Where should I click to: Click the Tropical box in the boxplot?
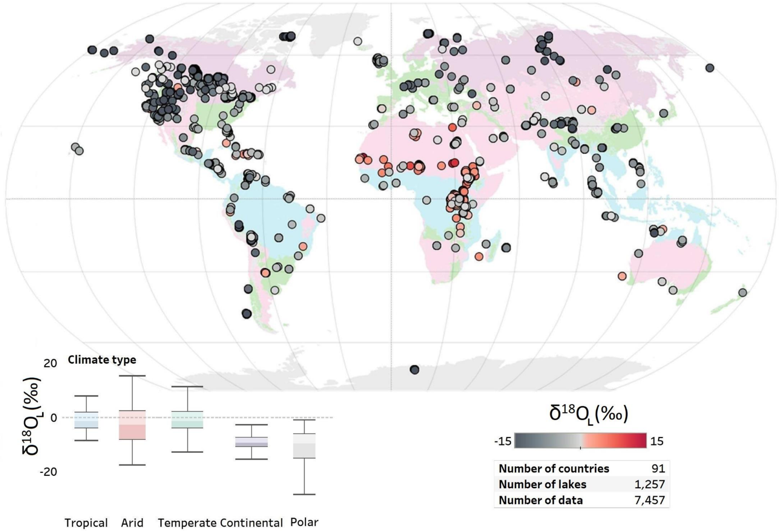point(86,420)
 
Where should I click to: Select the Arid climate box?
point(132,425)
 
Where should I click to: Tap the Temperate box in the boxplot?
point(187,420)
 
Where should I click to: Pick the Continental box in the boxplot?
point(252,441)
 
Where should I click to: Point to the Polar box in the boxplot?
point(304,445)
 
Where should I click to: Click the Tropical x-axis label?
point(86,523)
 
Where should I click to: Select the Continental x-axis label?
point(251,523)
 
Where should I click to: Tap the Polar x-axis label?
point(304,522)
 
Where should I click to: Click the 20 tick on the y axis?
point(50,363)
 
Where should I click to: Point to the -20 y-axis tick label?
point(48,471)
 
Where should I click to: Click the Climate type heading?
point(102,359)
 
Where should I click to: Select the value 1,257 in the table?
point(650,484)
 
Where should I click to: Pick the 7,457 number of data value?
point(650,500)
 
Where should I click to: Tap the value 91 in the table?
point(658,468)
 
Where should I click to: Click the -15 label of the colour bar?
point(503,441)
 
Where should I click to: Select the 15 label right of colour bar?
point(657,441)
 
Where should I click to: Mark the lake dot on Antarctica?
point(415,370)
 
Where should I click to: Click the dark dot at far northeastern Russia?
point(710,68)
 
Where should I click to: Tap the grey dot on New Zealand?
point(742,292)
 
